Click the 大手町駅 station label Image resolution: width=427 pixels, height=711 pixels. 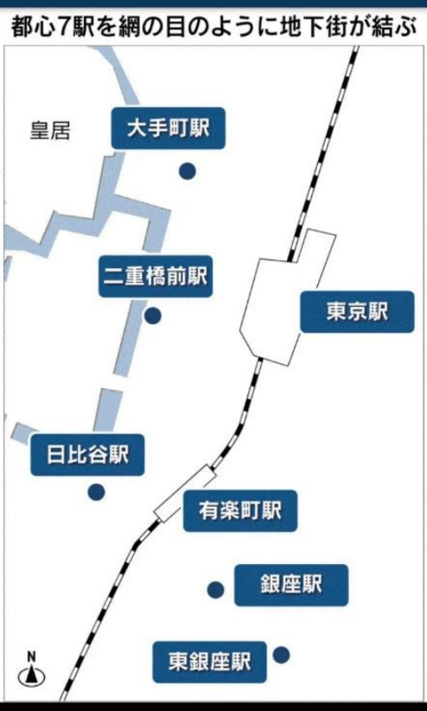tap(169, 128)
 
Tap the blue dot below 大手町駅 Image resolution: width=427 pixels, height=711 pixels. tap(188, 171)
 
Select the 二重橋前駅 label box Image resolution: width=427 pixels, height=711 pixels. tap(156, 276)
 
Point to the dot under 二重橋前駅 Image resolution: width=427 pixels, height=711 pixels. tap(153, 316)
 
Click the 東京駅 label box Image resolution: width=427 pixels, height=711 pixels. tap(357, 312)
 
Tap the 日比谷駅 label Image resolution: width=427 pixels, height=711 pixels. tap(87, 455)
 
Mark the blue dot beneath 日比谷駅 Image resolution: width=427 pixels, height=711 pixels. tap(96, 492)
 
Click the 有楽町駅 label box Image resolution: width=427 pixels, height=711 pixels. tap(240, 510)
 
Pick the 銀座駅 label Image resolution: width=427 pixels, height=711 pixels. tap(291, 585)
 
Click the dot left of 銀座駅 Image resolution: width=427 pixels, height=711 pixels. tap(215, 590)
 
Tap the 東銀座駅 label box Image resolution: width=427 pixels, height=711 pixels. tap(209, 662)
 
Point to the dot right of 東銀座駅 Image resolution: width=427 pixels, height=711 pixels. tap(281, 655)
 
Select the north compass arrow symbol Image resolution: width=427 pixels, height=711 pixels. tap(31, 676)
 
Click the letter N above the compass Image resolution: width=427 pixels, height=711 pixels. tap(31, 657)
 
